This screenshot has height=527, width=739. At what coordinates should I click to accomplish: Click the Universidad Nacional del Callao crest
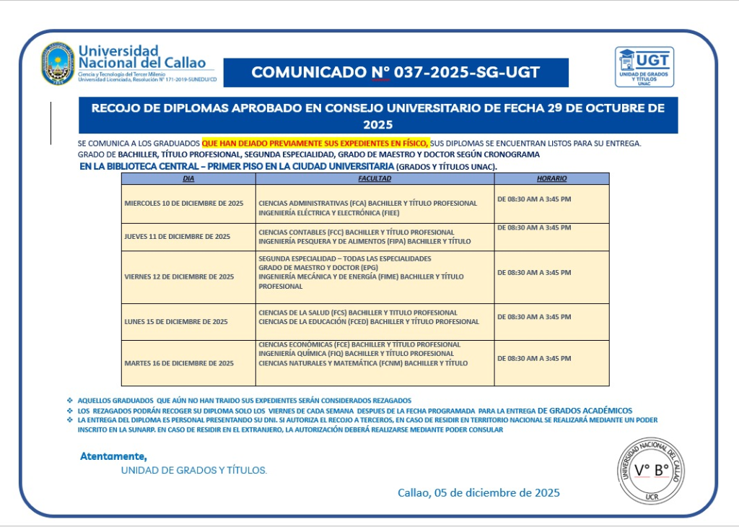click(x=58, y=64)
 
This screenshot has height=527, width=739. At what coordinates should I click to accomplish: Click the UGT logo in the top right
click(x=644, y=67)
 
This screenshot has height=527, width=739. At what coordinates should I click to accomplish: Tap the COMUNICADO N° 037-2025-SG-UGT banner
click(x=395, y=72)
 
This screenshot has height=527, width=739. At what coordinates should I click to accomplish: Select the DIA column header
click(x=188, y=178)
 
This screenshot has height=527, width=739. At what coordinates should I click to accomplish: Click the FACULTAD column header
click(x=375, y=178)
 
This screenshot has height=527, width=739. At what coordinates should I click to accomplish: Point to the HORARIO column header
click(x=551, y=178)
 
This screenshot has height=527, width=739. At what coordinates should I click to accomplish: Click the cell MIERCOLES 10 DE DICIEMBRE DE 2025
click(x=184, y=204)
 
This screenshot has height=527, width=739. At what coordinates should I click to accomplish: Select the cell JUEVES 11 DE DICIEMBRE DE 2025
click(x=178, y=237)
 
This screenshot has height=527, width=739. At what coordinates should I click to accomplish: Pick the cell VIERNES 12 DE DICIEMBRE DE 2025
click(x=179, y=276)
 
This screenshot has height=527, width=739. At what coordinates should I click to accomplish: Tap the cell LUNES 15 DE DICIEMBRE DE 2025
click(x=176, y=321)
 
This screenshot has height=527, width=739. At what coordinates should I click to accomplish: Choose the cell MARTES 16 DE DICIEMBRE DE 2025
click(x=179, y=363)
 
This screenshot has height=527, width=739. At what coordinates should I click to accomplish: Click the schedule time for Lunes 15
click(x=534, y=316)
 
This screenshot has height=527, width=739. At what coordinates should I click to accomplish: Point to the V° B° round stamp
click(x=651, y=470)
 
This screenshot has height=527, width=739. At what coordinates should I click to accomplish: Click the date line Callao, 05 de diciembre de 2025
click(x=478, y=493)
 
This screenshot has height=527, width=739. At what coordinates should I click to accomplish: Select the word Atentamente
click(x=113, y=456)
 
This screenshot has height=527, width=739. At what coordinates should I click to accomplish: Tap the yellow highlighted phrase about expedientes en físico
click(x=315, y=143)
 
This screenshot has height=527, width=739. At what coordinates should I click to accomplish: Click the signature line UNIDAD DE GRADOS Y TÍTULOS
click(x=194, y=471)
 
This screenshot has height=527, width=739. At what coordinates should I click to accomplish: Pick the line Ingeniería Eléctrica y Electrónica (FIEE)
click(x=328, y=213)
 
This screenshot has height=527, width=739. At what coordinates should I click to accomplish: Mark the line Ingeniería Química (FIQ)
click(x=356, y=354)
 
